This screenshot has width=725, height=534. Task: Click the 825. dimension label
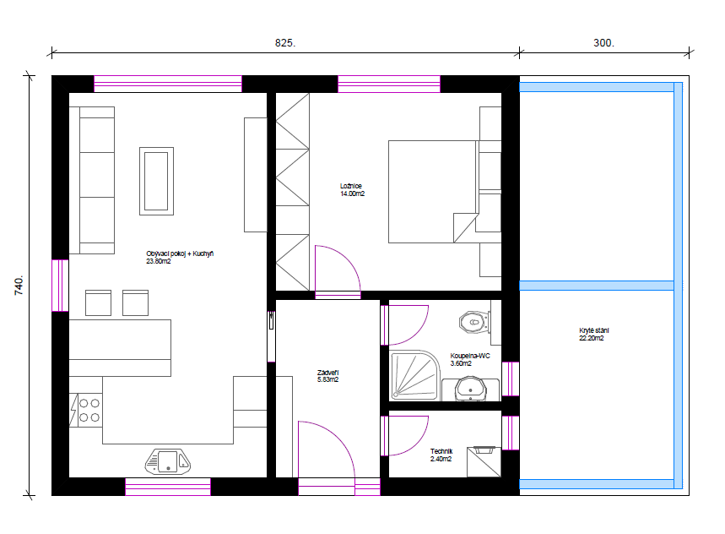click(x=284, y=43)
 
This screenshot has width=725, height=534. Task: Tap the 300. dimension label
click(x=603, y=43)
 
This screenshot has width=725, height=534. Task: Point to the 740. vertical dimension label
click(x=19, y=286)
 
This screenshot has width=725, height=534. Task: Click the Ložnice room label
click(x=351, y=186)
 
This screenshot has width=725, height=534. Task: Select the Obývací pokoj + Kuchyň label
click(x=180, y=253)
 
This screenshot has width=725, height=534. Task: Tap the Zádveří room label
click(x=327, y=373)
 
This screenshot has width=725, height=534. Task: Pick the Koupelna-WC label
click(x=470, y=356)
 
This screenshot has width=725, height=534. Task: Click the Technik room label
click(x=441, y=451)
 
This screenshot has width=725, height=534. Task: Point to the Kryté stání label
click(x=594, y=330)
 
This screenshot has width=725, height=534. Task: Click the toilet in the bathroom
click(x=474, y=322)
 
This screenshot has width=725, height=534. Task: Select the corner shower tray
click(x=414, y=375)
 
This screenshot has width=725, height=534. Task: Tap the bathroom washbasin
click(x=471, y=390)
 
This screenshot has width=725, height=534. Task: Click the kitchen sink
click(x=168, y=462)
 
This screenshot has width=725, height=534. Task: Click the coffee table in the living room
click(x=157, y=181)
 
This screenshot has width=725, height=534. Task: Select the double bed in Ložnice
click(x=433, y=192)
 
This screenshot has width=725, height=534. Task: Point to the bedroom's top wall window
click(x=389, y=84)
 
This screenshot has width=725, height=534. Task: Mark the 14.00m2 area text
click(x=352, y=193)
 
